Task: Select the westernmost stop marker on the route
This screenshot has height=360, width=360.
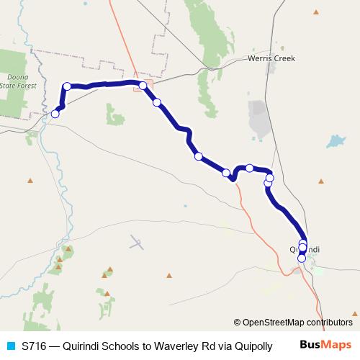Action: point(55,113)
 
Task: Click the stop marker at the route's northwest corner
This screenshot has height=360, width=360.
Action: point(67,86)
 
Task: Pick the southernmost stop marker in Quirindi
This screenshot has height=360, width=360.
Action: point(302,258)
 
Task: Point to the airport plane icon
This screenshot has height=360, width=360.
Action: point(137,243)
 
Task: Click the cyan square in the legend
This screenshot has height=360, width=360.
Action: point(10,346)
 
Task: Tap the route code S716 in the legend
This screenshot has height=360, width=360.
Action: point(34,346)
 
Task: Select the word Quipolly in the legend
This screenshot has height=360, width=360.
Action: point(252,346)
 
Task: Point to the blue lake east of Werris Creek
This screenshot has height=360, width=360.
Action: point(336,141)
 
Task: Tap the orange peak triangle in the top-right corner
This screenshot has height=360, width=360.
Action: point(315,12)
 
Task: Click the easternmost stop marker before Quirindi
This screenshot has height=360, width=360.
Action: point(270,178)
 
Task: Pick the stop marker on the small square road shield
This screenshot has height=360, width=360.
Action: point(143,86)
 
